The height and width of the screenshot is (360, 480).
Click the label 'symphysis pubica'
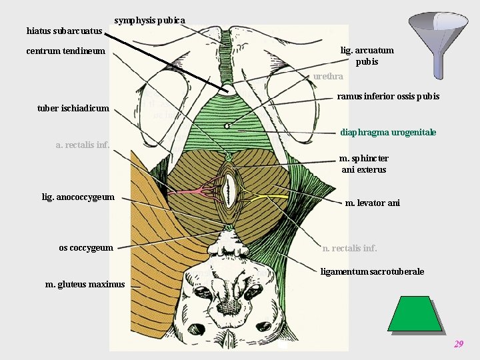click(x=149, y=20)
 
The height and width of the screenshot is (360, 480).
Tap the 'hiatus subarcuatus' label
click(x=64, y=31)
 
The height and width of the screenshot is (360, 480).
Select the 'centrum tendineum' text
click(x=65, y=51)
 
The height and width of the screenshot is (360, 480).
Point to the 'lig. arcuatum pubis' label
click(x=367, y=56)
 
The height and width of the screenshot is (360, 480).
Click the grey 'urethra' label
click(x=328, y=77)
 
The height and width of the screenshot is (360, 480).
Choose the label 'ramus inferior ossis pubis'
click(x=388, y=97)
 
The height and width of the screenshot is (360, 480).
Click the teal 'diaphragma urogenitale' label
click(x=388, y=132)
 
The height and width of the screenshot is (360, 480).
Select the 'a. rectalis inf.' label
click(x=83, y=144)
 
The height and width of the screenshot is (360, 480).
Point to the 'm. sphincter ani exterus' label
click(x=363, y=164)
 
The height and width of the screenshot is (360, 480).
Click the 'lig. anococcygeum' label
click(x=78, y=197)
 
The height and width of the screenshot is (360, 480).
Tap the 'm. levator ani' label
click(x=372, y=203)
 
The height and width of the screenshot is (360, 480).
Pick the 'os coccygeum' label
click(x=86, y=248)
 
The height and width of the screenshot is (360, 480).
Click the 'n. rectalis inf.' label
click(x=349, y=249)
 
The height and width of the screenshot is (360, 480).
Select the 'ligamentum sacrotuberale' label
click(x=372, y=271)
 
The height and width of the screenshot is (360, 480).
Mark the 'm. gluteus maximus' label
click(x=85, y=285)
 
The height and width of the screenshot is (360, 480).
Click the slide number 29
click(x=458, y=344)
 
